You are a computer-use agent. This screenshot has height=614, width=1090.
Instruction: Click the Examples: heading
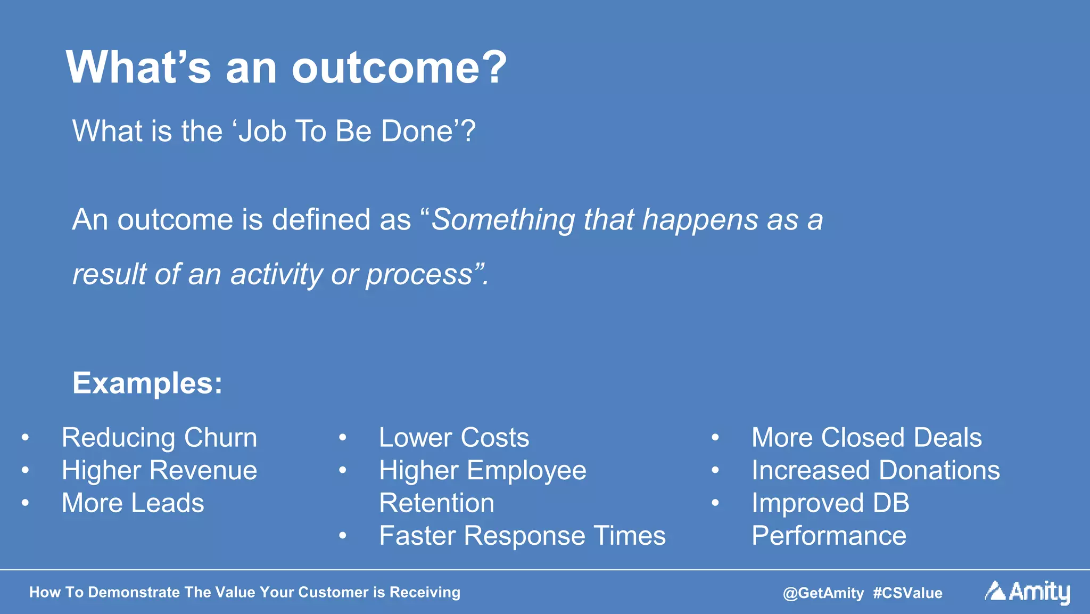coord(147,383)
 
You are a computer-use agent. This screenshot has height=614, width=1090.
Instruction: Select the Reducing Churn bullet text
coord(159,438)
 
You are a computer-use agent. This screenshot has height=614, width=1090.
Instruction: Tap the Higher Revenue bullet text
coord(159,471)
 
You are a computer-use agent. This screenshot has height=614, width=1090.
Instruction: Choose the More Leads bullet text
coord(133,503)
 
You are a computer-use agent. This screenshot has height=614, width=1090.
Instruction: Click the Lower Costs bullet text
coord(454,438)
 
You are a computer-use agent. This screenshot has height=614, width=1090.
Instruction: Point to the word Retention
coord(436,503)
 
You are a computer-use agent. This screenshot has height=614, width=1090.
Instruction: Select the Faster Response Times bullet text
coord(522,536)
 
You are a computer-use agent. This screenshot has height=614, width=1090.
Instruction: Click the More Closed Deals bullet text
coord(866,438)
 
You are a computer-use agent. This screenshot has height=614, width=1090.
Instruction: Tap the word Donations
coord(939,471)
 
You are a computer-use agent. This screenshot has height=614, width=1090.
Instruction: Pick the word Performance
coord(829,536)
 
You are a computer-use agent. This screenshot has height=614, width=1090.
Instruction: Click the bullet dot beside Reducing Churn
coord(25,438)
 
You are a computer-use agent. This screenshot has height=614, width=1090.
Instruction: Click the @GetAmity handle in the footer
coord(823,593)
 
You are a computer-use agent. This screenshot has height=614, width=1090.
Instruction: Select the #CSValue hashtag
coord(907,593)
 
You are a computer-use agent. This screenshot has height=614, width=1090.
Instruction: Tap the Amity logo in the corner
coord(1027,592)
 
